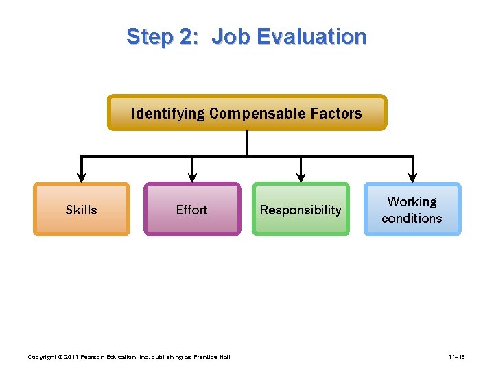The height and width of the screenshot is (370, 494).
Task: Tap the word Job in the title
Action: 232,36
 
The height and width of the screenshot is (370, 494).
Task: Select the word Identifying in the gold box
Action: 167,113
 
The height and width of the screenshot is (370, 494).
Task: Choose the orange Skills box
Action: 81,210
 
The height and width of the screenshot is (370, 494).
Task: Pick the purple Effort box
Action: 191,210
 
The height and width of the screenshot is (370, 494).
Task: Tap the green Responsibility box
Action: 301,210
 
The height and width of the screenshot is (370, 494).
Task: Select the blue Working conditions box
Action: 412,210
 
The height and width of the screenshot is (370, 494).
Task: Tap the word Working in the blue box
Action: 412,201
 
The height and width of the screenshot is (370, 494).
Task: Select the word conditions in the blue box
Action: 412,218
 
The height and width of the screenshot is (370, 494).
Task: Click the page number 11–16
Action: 458,357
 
